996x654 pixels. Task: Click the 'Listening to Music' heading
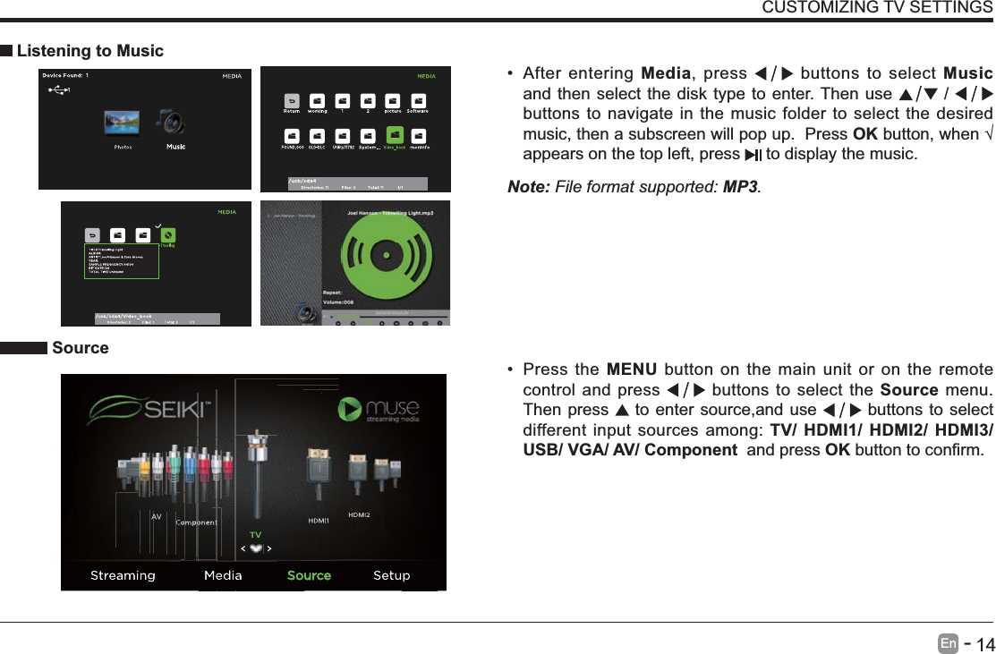point(90,51)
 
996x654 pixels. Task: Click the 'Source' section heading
point(81,348)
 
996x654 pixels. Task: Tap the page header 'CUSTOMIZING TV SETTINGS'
point(876,8)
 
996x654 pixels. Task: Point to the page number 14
point(984,644)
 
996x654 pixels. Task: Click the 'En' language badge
point(949,643)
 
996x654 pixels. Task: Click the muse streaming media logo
point(379,412)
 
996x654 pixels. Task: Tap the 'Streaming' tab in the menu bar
point(123,575)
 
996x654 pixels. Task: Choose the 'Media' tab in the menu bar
point(223,575)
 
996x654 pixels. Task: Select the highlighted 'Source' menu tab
point(309,575)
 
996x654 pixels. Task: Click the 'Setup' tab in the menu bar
point(391,575)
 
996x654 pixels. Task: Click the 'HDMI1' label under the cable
point(319,520)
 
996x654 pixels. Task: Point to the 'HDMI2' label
point(359,514)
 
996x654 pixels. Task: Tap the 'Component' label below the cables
point(197,522)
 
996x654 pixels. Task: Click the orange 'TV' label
point(255,534)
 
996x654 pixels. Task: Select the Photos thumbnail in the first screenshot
point(123,123)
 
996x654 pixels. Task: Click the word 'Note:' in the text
point(529,188)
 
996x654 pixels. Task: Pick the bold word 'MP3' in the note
point(740,188)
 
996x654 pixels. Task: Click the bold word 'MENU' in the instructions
point(631,370)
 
